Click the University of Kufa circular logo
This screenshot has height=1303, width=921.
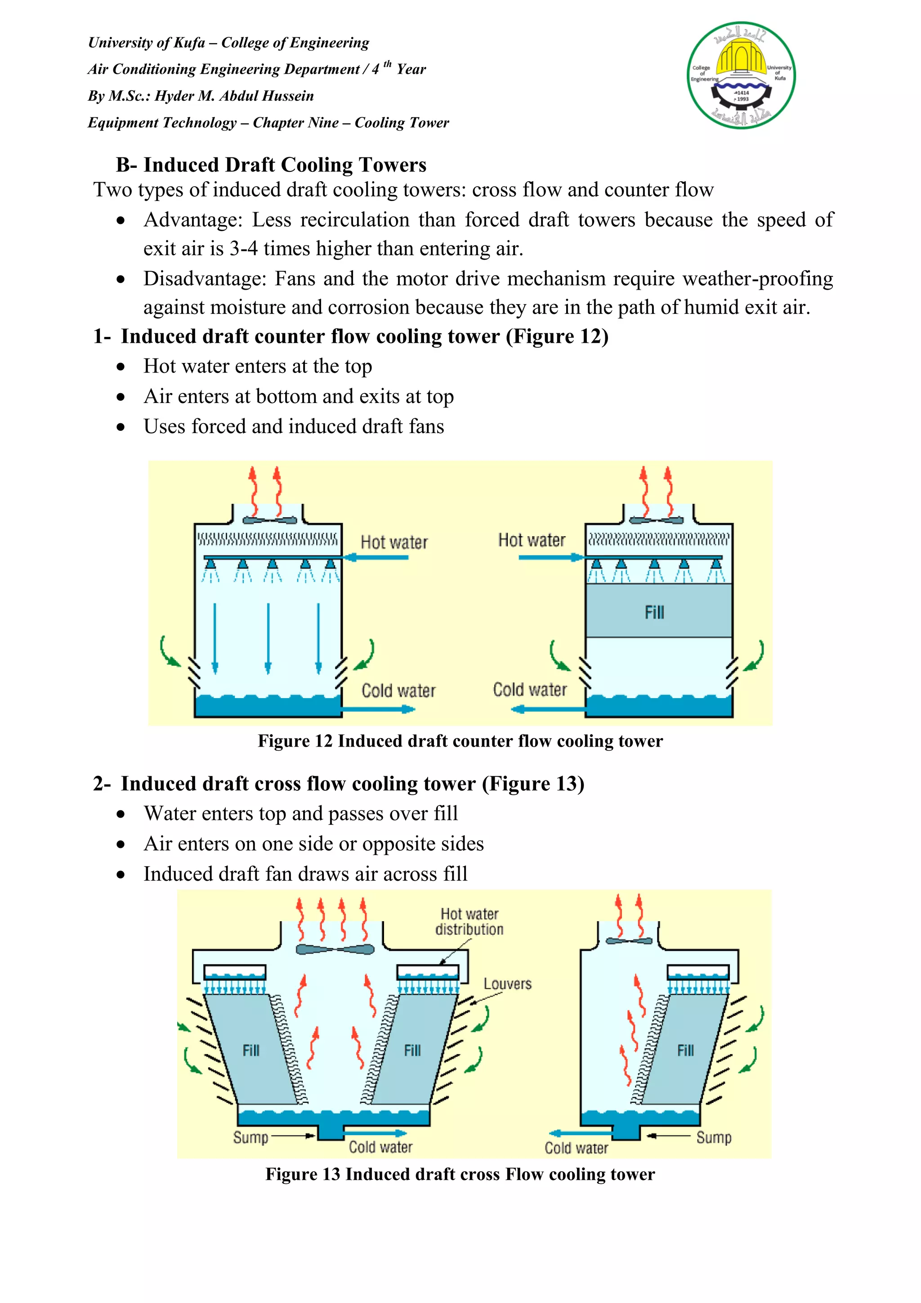(x=741, y=75)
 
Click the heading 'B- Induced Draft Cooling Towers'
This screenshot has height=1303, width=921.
(x=271, y=165)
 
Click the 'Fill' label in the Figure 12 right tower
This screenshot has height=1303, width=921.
(x=654, y=612)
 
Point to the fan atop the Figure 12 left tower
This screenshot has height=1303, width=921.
(x=269, y=520)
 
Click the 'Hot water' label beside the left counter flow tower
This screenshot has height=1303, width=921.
(x=394, y=542)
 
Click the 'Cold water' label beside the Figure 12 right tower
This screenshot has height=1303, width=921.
(x=529, y=690)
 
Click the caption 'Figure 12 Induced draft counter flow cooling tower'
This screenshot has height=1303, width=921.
(x=460, y=741)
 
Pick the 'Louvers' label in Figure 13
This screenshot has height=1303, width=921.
(x=507, y=984)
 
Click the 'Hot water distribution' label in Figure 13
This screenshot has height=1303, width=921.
(x=469, y=922)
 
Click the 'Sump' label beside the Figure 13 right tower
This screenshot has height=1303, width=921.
(x=713, y=1137)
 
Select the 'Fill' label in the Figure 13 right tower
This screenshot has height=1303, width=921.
(x=685, y=1051)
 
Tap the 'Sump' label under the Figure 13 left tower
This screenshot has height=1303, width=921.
(x=250, y=1137)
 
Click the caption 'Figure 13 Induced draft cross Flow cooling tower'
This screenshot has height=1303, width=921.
(x=460, y=1174)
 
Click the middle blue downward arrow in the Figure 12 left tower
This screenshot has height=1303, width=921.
(x=268, y=638)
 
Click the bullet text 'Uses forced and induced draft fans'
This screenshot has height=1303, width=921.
(x=293, y=427)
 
